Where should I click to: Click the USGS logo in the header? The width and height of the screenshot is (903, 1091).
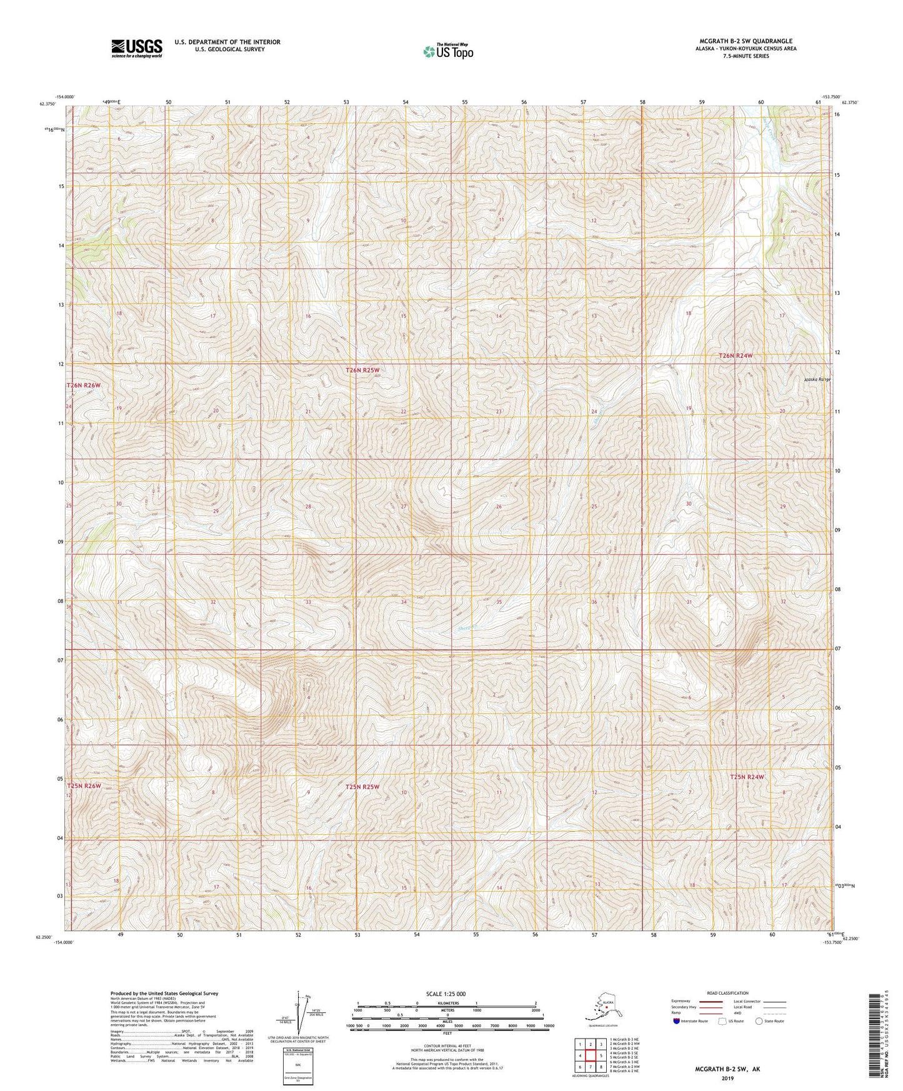pos(136,48)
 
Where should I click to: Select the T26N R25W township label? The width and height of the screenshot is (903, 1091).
pos(362,371)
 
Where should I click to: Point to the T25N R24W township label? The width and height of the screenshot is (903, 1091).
pos(747,777)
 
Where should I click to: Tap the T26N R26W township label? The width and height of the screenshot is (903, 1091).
pos(83,386)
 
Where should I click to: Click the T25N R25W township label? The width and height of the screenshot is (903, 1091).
pos(362,787)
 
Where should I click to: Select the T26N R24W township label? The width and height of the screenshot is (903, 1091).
pos(736,356)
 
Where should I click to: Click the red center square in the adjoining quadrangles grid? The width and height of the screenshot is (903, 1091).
pos(590,1055)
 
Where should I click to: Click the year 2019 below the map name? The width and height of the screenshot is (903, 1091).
pos(727,1079)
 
